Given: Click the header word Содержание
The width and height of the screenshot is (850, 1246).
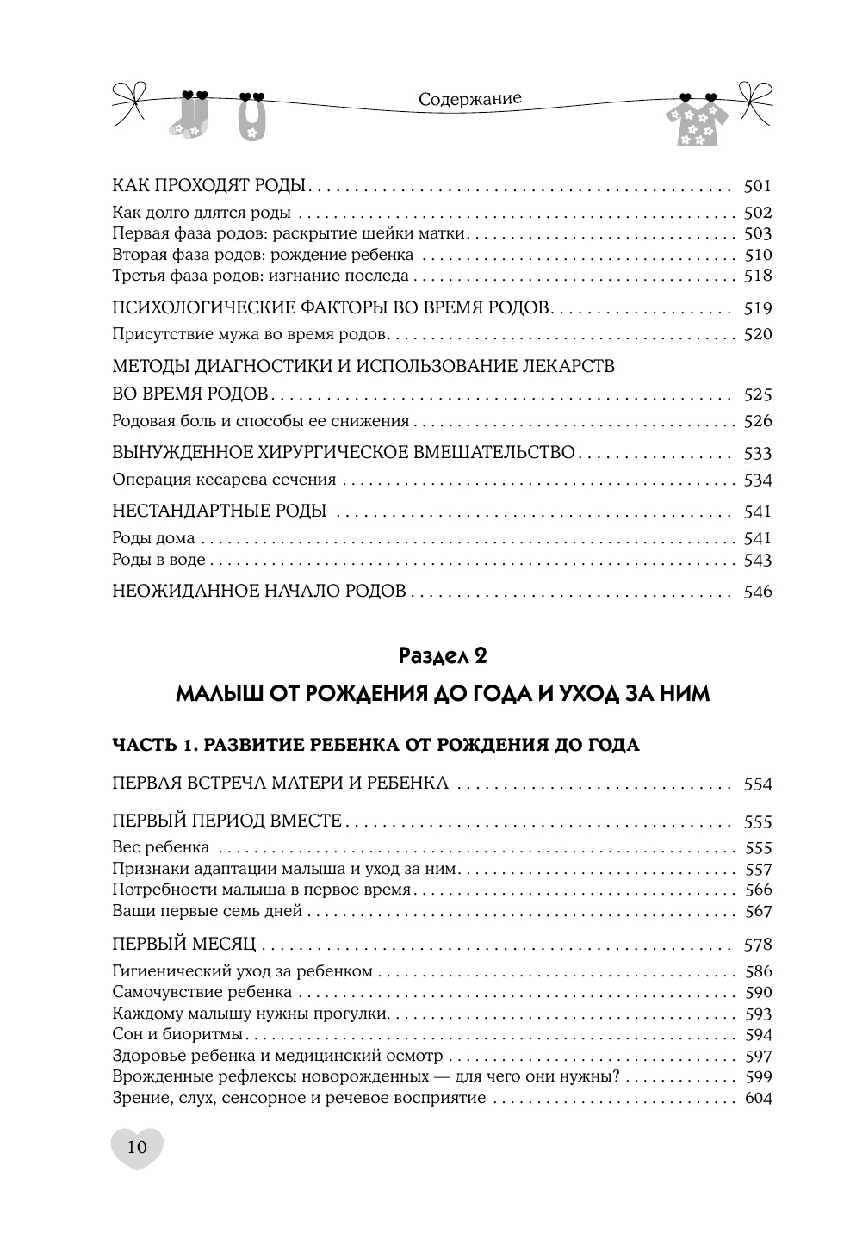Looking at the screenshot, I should (x=469, y=98).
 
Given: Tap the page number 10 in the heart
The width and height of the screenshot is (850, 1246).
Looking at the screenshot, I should (x=137, y=1146).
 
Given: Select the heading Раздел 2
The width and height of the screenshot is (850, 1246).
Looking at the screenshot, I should (x=443, y=655).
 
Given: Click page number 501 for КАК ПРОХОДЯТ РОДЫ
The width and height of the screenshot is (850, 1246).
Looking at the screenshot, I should (x=757, y=186).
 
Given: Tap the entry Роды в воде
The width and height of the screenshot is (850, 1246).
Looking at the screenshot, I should (x=159, y=560).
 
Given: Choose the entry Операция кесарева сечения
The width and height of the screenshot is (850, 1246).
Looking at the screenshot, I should (x=224, y=480).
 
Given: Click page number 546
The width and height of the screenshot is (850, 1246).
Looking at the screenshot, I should (x=757, y=592).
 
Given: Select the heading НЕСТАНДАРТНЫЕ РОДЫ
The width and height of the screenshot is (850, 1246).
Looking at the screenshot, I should (x=220, y=511).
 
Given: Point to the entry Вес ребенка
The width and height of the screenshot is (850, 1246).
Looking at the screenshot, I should (x=161, y=847).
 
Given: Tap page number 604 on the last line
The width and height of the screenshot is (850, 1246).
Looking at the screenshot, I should (x=757, y=1098).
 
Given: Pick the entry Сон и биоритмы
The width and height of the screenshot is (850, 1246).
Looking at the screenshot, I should (x=177, y=1034).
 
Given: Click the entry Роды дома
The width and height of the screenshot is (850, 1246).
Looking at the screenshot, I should (x=153, y=538).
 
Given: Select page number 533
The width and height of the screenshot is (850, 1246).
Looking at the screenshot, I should (x=757, y=453).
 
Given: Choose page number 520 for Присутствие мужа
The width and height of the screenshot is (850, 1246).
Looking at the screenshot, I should (x=757, y=334).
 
